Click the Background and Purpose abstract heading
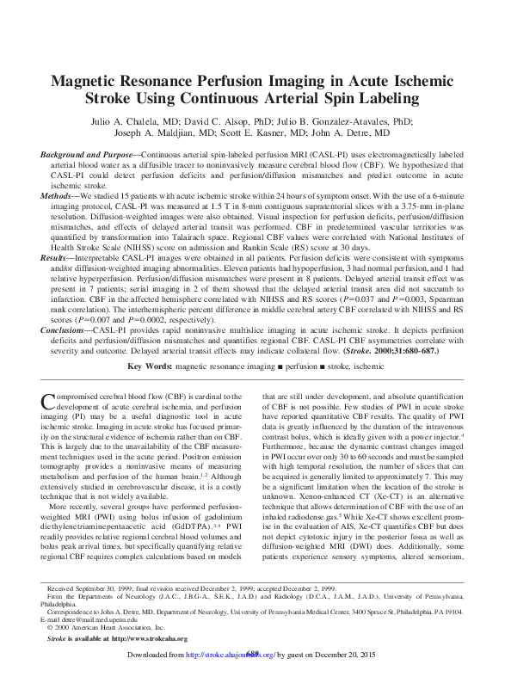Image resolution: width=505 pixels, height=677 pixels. tap(87, 155)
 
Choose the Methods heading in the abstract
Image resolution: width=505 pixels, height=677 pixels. tap(59, 196)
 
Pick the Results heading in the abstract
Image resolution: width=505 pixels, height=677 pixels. tap(57, 257)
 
